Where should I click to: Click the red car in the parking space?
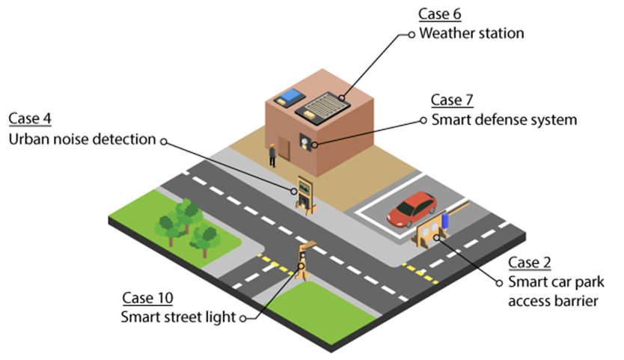point(412,209)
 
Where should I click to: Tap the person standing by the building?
point(272,156)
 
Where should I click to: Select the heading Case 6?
point(440,14)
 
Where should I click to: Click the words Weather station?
point(471,33)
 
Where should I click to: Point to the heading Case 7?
point(452,100)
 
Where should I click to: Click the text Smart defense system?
point(504,120)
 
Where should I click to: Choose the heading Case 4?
point(30,119)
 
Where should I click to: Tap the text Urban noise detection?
point(82,139)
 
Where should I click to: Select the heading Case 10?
point(147,298)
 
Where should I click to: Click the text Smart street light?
point(178,317)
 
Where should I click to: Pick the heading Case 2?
point(530,263)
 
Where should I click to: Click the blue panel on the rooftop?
point(290,97)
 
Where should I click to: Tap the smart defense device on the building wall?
point(305,141)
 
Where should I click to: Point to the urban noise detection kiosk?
point(305,195)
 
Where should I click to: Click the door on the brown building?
point(284,148)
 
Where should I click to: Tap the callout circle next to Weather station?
point(412,34)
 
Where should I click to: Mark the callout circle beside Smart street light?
point(242,319)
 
